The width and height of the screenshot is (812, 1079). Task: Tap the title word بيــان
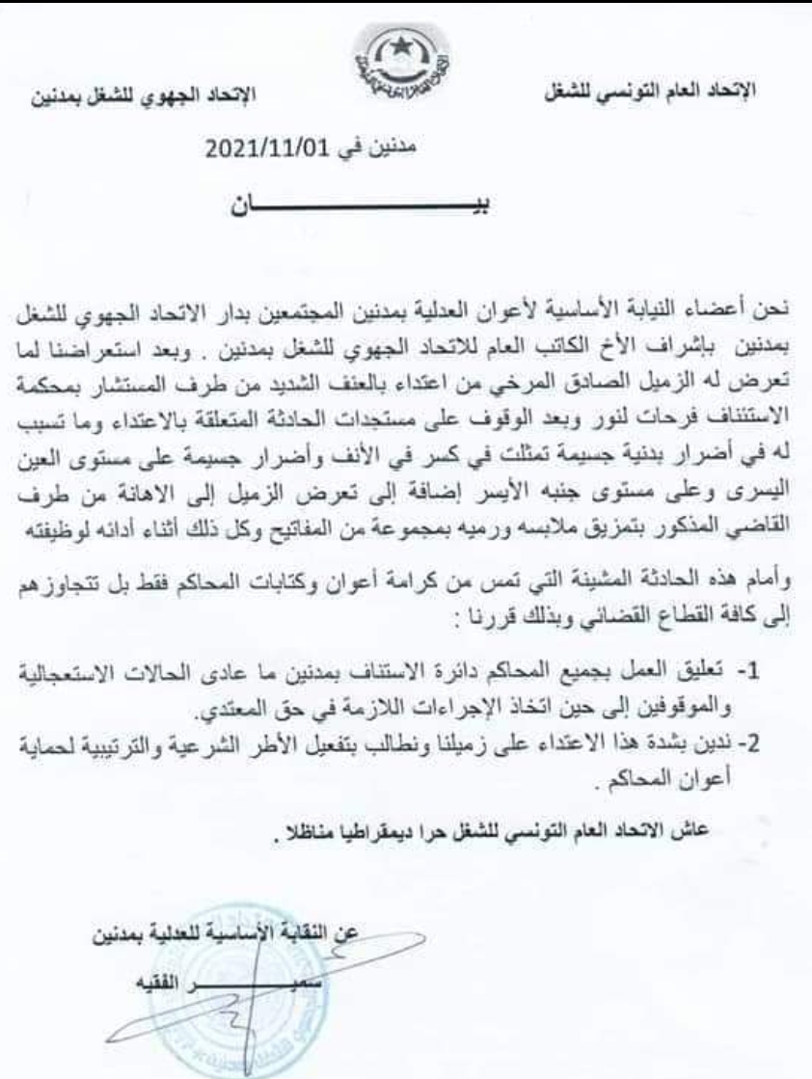click(x=362, y=208)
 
